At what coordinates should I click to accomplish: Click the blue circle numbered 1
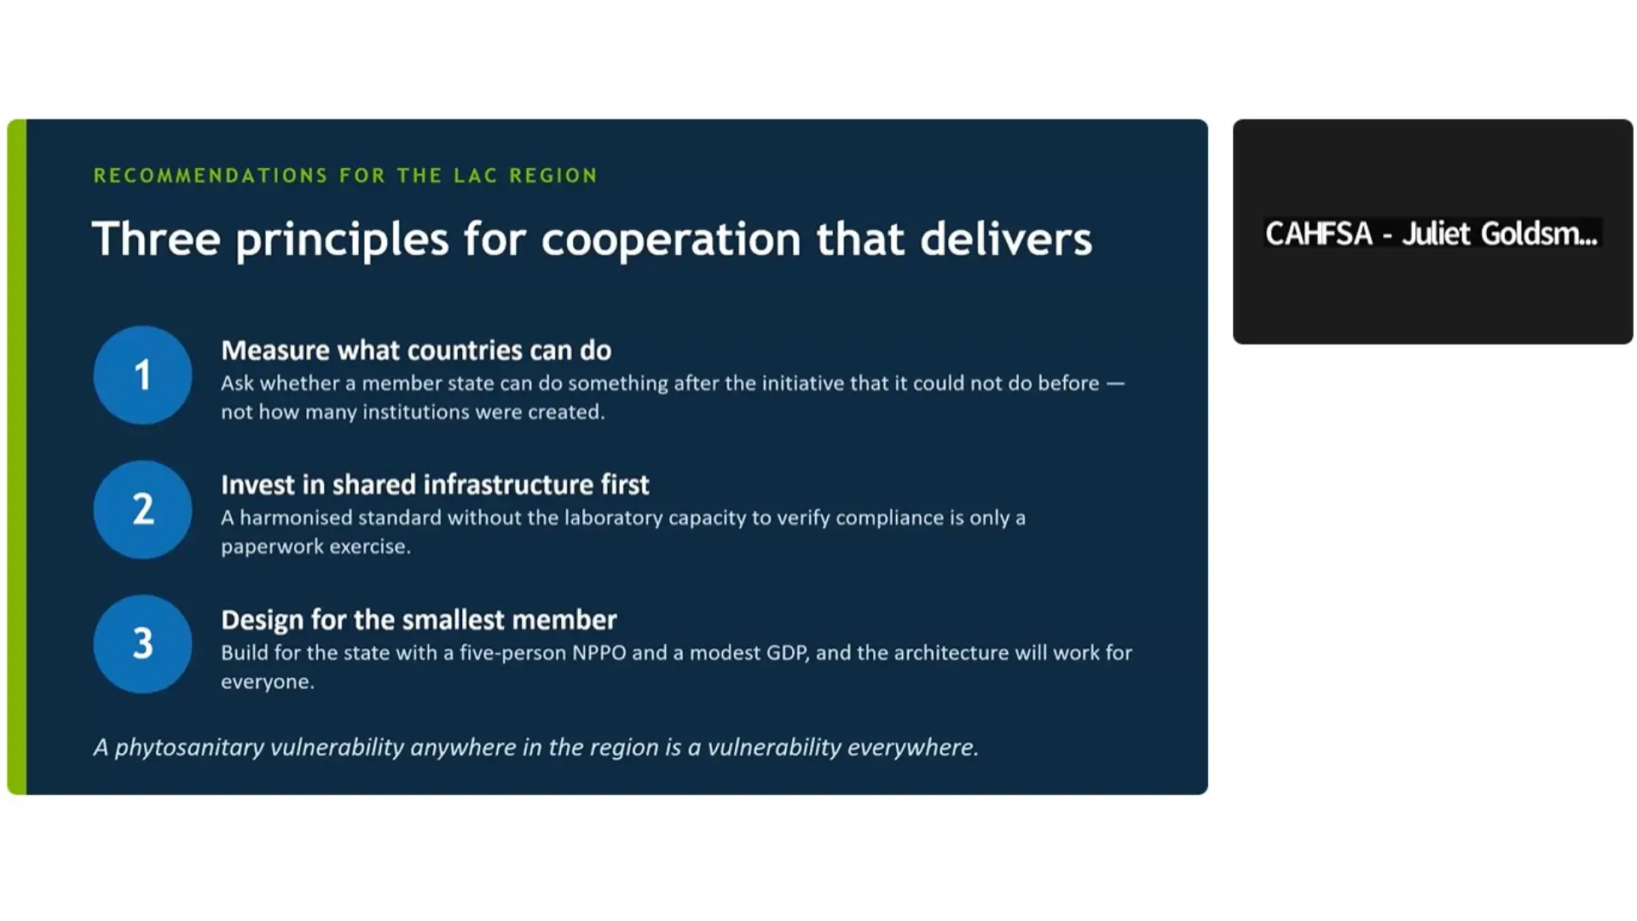click(x=142, y=375)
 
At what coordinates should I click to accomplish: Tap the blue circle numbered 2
click(x=142, y=510)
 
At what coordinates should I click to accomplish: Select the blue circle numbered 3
click(x=142, y=644)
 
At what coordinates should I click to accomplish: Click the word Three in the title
click(x=156, y=239)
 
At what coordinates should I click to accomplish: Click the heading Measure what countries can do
click(x=416, y=350)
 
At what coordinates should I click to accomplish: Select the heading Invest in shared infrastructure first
click(x=435, y=485)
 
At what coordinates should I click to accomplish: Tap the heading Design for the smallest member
click(x=419, y=620)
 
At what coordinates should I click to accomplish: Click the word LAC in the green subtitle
click(x=475, y=176)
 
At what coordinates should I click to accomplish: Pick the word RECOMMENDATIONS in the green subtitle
click(x=211, y=176)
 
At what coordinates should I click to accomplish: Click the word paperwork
click(x=270, y=547)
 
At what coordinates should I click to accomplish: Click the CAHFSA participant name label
click(x=1431, y=234)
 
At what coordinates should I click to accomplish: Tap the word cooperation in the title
click(x=671, y=240)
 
